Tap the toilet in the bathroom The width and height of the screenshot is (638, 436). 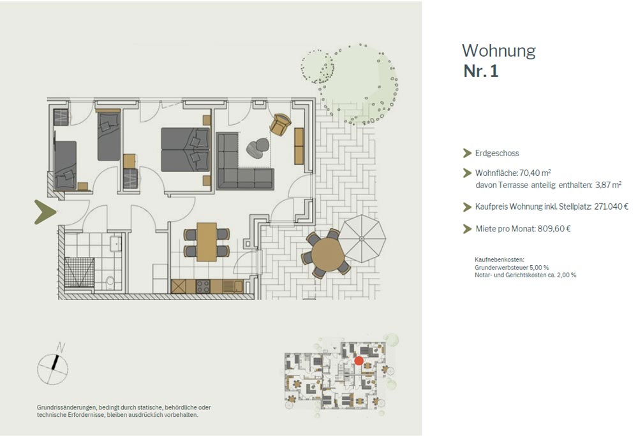110,282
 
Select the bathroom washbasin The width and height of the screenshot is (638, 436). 115,243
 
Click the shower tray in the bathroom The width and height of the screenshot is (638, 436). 79,272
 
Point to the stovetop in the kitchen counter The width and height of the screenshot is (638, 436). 203,286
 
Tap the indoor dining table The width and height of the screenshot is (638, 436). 207,242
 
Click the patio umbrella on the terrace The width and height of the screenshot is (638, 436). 362,238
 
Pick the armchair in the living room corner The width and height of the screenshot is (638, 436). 280,124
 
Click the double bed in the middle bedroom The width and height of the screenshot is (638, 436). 186,150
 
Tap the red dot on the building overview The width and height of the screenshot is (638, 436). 359,360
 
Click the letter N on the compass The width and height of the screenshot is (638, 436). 60,347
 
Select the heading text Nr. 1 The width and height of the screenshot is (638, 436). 481,71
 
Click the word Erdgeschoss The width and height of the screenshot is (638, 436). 497,153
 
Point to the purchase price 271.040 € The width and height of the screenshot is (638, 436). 611,207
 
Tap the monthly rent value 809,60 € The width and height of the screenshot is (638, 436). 554,229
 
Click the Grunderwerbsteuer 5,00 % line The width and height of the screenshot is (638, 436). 512,267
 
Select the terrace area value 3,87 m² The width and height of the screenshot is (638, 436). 608,185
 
